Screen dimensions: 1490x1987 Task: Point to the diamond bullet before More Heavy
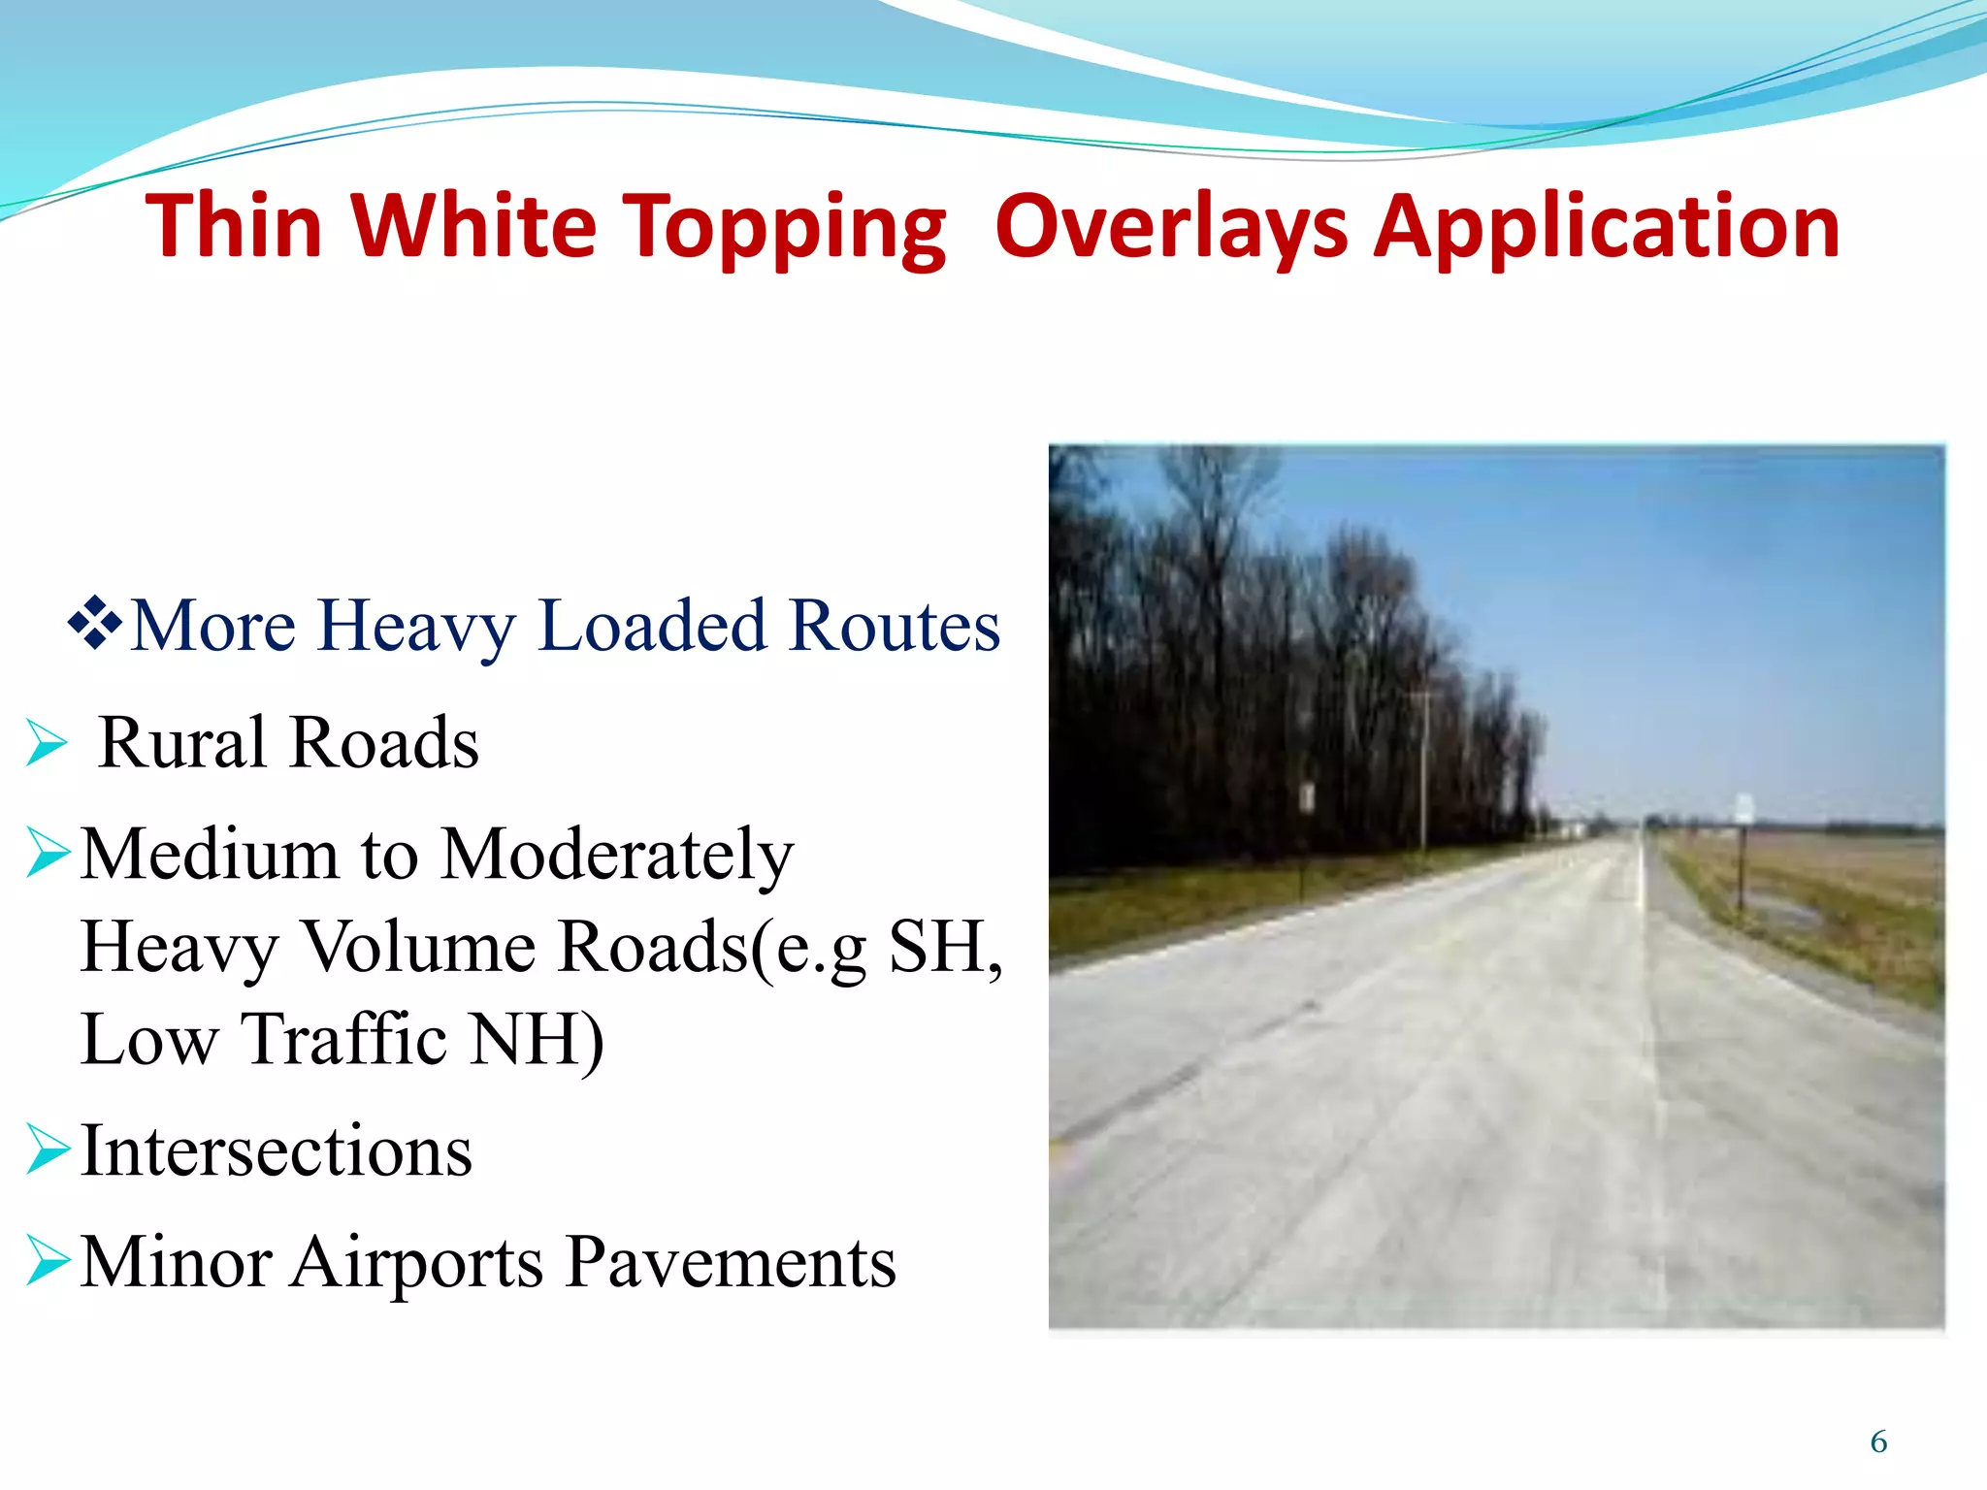click(x=95, y=625)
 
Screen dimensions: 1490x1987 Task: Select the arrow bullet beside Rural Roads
click(x=47, y=744)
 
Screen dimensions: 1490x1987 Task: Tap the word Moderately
click(x=618, y=856)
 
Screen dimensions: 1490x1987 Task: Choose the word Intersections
click(x=277, y=1151)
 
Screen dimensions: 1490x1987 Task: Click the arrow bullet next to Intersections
click(x=47, y=1150)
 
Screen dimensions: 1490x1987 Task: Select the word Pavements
click(x=731, y=1262)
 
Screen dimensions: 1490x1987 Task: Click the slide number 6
click(x=1878, y=1441)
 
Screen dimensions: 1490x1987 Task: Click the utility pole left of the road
click(x=1423, y=766)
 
